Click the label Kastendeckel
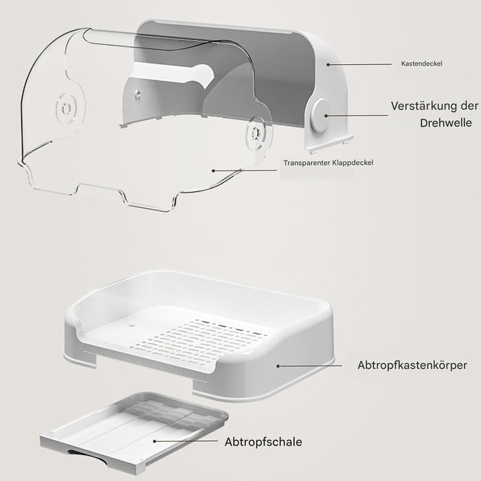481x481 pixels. coord(422,64)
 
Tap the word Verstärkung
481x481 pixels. coord(425,106)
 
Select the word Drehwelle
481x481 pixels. coord(446,123)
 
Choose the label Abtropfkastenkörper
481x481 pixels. coord(412,365)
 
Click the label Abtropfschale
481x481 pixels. coord(263,442)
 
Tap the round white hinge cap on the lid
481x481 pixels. coord(319,116)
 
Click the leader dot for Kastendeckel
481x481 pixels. coord(328,65)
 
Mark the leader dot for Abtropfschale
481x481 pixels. coord(154,441)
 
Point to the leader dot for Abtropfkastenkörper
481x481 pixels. coord(278,366)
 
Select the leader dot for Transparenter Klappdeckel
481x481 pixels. coord(214,170)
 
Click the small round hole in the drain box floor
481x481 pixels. coord(132,325)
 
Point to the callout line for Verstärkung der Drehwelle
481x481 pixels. coord(357,116)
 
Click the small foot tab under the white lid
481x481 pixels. coord(347,142)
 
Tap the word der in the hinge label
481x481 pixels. coord(470,106)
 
